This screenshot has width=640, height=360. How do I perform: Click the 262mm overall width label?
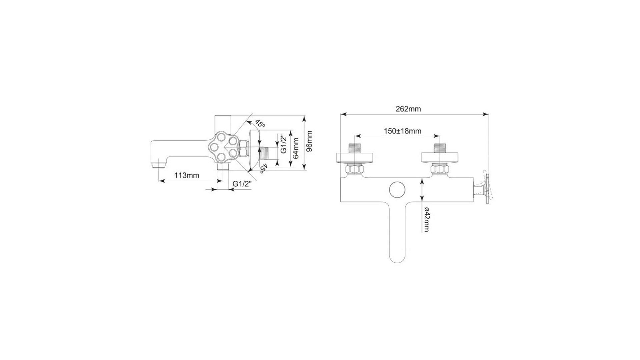tap(408, 109)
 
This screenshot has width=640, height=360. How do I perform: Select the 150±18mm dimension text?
tap(402, 131)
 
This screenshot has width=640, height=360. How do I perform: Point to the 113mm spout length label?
tap(187, 175)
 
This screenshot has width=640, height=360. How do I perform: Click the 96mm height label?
tap(309, 141)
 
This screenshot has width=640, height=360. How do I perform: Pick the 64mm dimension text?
tap(295, 149)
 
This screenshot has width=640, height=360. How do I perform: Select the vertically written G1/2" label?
tap(283, 144)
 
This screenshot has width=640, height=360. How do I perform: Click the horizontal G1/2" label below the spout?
tap(242, 184)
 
